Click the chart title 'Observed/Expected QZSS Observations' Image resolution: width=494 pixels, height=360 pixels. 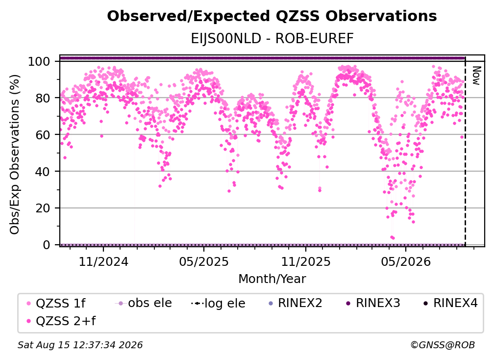272,16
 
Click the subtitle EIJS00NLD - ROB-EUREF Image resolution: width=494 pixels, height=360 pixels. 272,39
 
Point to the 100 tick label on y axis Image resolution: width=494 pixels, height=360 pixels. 39,61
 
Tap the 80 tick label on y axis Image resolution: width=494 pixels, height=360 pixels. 43,98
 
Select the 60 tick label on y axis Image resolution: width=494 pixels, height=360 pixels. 43,135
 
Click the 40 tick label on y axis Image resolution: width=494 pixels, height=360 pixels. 43,172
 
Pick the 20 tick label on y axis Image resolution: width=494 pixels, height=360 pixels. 43,208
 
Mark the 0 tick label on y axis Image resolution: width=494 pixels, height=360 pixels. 46,245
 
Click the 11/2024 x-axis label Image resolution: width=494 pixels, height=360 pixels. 103,261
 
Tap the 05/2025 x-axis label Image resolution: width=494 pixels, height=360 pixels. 204,261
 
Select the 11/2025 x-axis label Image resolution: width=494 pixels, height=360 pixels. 306,261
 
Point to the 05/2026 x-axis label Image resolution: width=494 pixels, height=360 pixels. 406,261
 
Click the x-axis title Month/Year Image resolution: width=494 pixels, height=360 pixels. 272,279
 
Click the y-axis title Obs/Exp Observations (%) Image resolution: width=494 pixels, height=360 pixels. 15,154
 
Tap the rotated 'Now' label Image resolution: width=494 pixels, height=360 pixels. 476,76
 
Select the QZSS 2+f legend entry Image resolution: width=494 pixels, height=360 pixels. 61,321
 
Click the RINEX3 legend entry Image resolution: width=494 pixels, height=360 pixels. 373,303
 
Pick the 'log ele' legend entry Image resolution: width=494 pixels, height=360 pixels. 219,303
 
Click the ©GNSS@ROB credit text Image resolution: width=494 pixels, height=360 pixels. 443,345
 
